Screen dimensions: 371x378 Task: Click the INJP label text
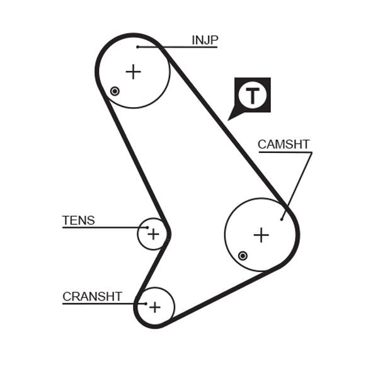[205, 41]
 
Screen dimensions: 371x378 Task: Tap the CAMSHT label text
[283, 144]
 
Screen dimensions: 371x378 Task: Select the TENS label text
[78, 220]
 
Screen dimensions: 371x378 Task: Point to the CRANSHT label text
[92, 297]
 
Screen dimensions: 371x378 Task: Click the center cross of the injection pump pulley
[133, 72]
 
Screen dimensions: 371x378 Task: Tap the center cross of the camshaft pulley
[261, 235]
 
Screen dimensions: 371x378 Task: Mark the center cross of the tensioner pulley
[153, 234]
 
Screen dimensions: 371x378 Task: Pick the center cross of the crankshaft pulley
[155, 307]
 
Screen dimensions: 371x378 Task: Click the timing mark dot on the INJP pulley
[115, 91]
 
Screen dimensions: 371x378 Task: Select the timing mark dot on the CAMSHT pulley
[243, 255]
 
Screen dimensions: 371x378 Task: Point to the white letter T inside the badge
[252, 96]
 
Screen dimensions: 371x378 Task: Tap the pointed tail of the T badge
[231, 117]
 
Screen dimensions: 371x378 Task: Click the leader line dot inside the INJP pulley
[137, 47]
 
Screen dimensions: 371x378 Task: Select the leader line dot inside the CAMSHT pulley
[282, 219]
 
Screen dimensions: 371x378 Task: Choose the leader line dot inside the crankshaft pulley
[146, 303]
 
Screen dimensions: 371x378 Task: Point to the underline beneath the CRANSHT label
[101, 303]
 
